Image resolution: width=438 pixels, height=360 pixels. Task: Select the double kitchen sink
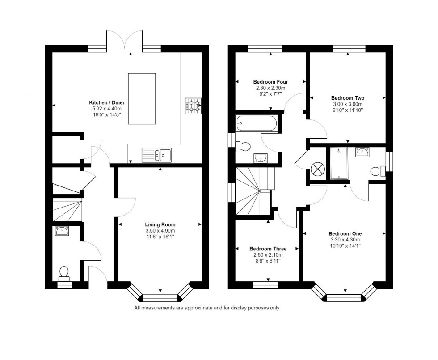[156, 155]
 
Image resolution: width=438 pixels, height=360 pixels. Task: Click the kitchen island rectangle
[142, 99]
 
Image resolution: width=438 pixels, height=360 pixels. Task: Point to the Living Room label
[160, 224]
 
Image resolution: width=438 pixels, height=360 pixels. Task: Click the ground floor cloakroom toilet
[64, 271]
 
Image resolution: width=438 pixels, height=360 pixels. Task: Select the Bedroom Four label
[270, 82]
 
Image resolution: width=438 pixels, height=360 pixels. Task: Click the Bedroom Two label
[347, 98]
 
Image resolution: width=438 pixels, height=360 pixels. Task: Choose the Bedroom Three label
[268, 249]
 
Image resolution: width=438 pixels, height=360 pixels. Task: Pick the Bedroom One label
[345, 233]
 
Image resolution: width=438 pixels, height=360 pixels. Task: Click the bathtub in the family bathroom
[257, 123]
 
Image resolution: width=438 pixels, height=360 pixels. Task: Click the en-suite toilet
[377, 171]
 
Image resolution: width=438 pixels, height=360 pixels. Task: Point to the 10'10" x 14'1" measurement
[345, 246]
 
